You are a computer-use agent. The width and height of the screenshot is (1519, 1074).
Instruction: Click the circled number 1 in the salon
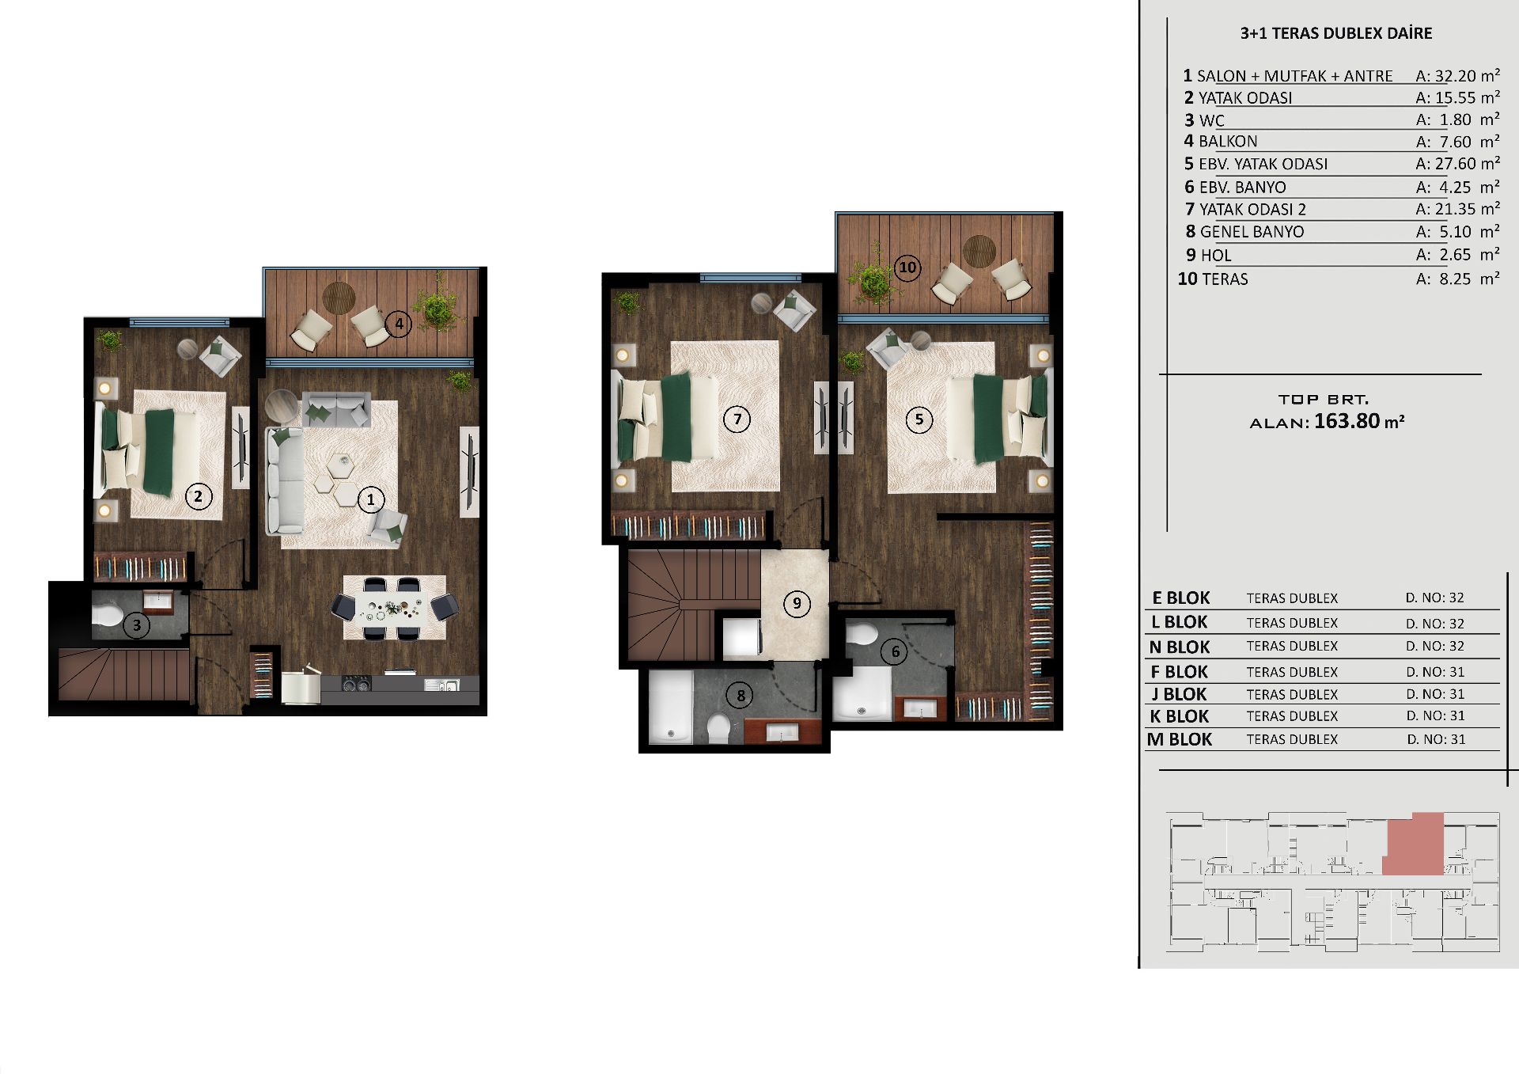370,499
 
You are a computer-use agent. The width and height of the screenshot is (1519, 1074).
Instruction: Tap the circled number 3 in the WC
136,625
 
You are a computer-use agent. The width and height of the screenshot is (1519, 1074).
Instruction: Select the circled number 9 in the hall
797,604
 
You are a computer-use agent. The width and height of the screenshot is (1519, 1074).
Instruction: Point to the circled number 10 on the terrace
907,268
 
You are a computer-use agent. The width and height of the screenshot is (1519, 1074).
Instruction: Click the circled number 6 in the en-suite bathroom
895,651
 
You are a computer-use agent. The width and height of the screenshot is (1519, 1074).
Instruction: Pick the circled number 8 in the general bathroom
741,696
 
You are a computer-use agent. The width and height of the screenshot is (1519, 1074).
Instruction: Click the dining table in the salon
394,609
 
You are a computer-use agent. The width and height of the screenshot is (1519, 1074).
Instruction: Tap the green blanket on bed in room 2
159,453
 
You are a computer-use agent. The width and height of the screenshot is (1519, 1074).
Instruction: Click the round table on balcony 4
339,298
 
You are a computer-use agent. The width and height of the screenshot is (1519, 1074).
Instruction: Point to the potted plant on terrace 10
873,277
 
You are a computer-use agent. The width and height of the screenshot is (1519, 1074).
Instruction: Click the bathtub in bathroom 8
670,708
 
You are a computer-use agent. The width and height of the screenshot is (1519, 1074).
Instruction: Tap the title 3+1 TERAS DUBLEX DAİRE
1336,33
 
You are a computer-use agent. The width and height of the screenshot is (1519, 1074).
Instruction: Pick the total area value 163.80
1347,421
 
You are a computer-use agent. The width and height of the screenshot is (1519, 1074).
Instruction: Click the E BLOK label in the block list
1181,598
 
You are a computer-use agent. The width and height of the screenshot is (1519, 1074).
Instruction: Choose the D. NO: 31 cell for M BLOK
1436,739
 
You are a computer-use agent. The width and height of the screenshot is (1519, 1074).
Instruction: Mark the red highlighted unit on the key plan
1414,844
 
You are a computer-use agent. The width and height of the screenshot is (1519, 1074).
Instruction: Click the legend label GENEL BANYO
1252,232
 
